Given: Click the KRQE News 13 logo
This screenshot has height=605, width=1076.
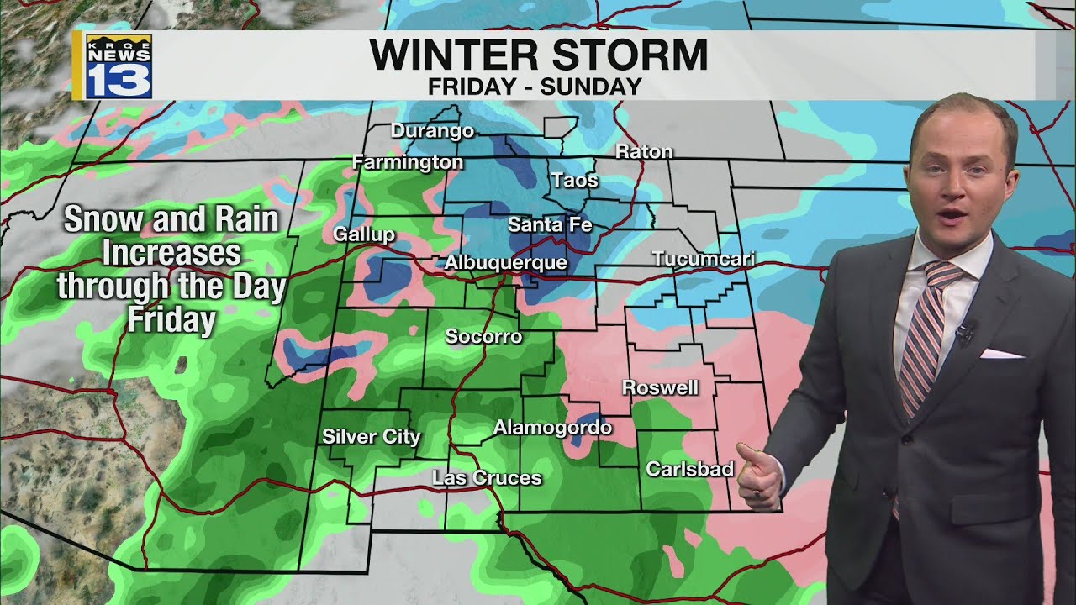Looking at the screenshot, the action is point(118,66).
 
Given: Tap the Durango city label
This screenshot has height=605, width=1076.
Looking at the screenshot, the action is point(432,131).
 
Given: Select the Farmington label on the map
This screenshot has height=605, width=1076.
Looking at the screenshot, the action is point(408,162).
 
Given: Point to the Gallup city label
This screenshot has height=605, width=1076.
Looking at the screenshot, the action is point(364,234).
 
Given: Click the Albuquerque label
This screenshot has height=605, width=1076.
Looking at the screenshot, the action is point(505,263).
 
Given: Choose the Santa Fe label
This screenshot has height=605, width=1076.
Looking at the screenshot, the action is point(550,225).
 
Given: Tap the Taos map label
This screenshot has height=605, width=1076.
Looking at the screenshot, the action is point(575,180).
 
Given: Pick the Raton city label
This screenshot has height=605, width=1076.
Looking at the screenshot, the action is point(644,152).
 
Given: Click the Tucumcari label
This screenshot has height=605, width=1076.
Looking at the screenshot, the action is point(703,259).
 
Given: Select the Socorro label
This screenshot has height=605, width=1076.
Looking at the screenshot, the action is point(483,337).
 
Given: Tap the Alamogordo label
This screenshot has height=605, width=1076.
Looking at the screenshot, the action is point(551,428).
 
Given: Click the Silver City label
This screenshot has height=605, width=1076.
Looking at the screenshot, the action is point(371,437).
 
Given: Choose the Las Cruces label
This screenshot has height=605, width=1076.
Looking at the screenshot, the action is point(487,478).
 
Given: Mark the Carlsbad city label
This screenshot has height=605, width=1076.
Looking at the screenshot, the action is point(689,469).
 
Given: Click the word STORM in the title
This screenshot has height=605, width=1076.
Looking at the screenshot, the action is point(623,55).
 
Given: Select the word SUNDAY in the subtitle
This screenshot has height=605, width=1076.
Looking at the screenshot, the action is point(600,86).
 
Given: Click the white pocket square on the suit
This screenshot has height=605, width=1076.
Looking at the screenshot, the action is point(1001,354).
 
